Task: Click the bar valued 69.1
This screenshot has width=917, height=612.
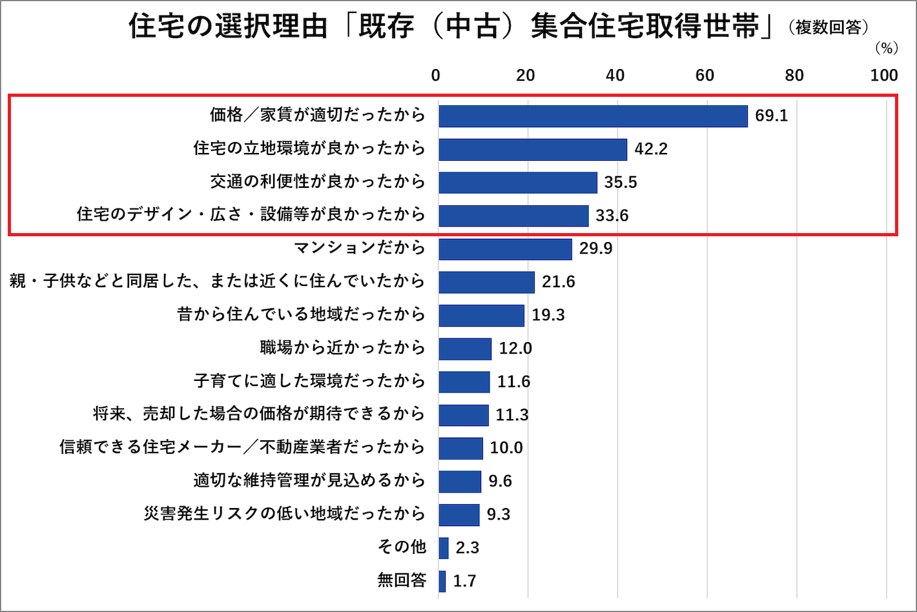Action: [x=593, y=116]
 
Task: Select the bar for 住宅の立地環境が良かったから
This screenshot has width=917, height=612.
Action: [x=533, y=149]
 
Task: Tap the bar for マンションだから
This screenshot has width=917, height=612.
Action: [x=505, y=249]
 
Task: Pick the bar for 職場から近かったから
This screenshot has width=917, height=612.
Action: [x=465, y=349]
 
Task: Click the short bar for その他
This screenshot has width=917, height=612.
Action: [x=444, y=548]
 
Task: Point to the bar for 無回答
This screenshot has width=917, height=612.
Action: [x=442, y=581]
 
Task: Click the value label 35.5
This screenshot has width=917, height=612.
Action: [x=621, y=183]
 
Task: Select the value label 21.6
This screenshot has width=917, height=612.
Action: [x=559, y=282]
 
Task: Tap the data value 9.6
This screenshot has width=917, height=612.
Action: [x=500, y=482]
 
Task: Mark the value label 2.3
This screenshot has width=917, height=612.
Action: [x=468, y=548]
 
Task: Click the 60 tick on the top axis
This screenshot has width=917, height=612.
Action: [x=705, y=76]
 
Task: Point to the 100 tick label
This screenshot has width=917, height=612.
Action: [x=884, y=76]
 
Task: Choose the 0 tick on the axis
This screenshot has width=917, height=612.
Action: [x=436, y=76]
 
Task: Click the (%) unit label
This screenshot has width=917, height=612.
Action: [x=887, y=48]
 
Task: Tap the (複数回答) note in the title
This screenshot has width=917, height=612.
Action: [x=829, y=28]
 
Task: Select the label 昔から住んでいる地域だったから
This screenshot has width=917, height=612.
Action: [x=301, y=315]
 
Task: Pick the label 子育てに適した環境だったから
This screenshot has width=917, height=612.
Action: [x=309, y=382]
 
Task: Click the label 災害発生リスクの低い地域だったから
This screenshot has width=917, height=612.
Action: [x=284, y=515]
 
